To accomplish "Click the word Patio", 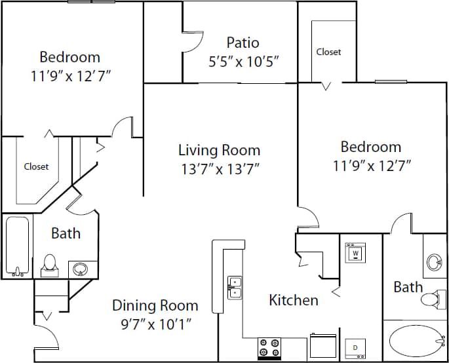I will [243, 43].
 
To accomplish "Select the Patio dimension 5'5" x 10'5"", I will [243, 62].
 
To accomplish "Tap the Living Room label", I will [219, 150].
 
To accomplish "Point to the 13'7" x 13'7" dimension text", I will [219, 169].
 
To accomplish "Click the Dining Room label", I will [155, 305].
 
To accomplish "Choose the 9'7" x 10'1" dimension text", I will [155, 323].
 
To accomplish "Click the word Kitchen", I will [294, 300].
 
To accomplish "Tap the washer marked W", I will [355, 252].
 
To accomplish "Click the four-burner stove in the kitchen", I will [269, 348].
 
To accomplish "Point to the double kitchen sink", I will [235, 288].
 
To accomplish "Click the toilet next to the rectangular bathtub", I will [49, 264].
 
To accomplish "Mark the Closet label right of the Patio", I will [328, 52].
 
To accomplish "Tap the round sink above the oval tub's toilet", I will [434, 263].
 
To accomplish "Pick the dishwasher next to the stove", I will [322, 345].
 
